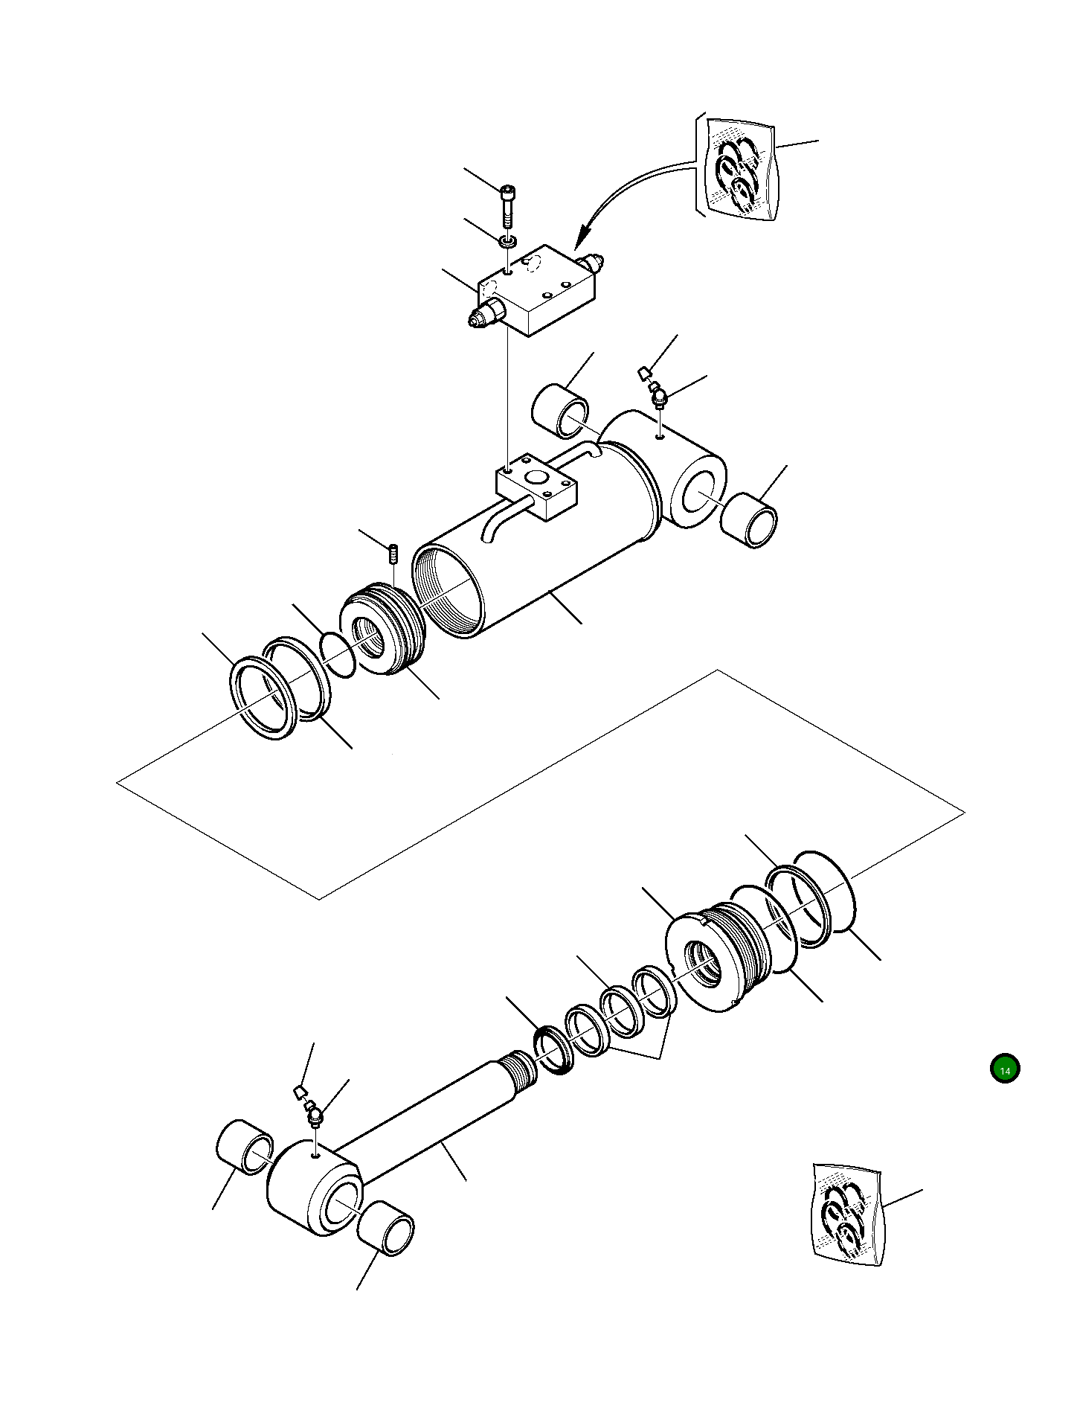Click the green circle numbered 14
[x=1005, y=1069]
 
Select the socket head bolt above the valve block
[x=508, y=205]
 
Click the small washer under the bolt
[x=508, y=240]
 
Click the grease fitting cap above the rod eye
[x=299, y=1092]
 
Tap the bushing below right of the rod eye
[x=385, y=1227]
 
